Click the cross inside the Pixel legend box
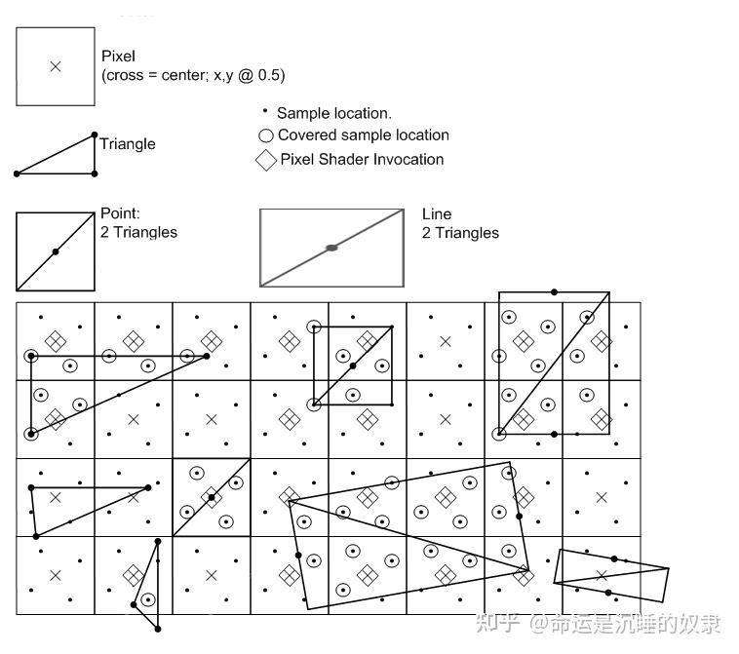[x=55, y=66]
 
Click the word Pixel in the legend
[x=118, y=58]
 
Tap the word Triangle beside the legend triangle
[x=128, y=144]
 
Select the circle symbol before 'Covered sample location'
[x=265, y=136]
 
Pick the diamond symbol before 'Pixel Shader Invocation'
[x=266, y=161]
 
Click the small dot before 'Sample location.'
[x=265, y=112]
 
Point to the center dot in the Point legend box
[x=56, y=251]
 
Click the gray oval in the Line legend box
[x=331, y=248]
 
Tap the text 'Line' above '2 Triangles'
[x=437, y=214]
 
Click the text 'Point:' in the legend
[x=121, y=213]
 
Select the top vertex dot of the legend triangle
[x=95, y=135]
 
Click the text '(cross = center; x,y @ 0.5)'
[x=193, y=75]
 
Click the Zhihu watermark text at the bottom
[x=597, y=623]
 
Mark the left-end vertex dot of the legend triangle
[x=17, y=173]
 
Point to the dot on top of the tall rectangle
[x=554, y=291]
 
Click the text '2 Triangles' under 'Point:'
[x=138, y=232]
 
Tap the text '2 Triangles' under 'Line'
[x=460, y=233]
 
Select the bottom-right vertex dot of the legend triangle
[x=95, y=173]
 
